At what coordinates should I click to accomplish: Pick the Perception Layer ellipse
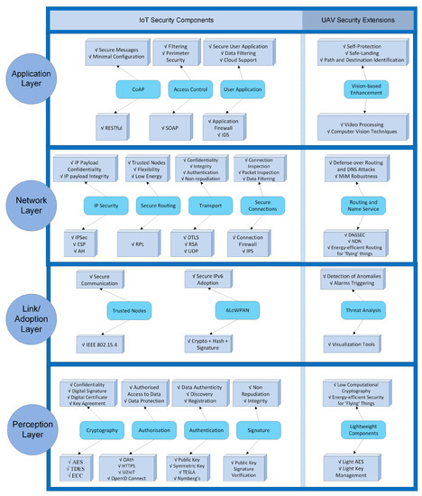(32, 423)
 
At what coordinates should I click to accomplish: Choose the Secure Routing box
(157, 205)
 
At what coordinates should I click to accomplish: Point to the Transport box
(209, 205)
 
